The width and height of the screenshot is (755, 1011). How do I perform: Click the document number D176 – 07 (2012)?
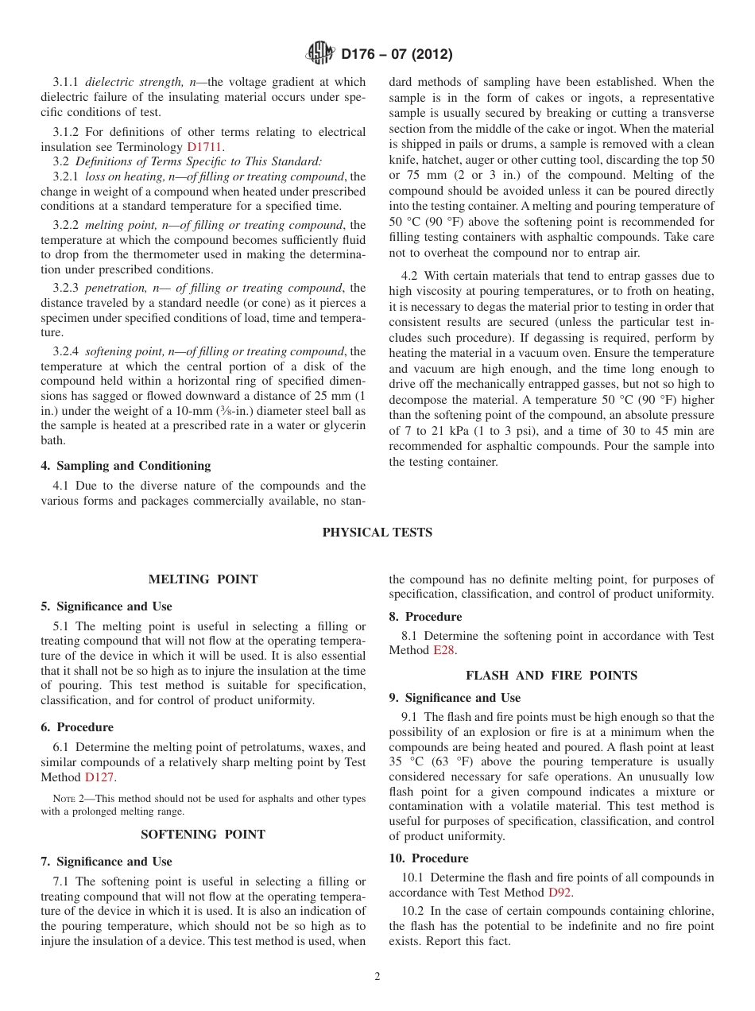[x=397, y=55]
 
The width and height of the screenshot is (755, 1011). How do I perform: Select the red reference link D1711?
[x=204, y=147]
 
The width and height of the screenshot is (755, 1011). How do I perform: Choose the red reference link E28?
[x=444, y=650]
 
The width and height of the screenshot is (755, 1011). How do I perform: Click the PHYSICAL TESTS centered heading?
[x=377, y=533]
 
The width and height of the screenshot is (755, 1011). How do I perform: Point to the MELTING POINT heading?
[x=203, y=579]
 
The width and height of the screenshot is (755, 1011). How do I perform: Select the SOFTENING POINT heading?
[x=203, y=835]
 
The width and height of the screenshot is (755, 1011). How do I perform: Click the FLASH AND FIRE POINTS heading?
[x=551, y=676]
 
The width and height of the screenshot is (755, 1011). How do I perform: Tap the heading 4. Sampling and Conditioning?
[x=126, y=466]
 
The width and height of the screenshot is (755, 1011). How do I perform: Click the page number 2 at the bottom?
[x=377, y=977]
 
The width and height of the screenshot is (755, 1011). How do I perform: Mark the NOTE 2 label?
[x=64, y=799]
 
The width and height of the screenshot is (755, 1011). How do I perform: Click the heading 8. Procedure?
[x=425, y=617]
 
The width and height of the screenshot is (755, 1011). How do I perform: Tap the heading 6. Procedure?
[x=77, y=727]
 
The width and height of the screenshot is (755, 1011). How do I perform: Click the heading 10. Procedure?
[x=428, y=858]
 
